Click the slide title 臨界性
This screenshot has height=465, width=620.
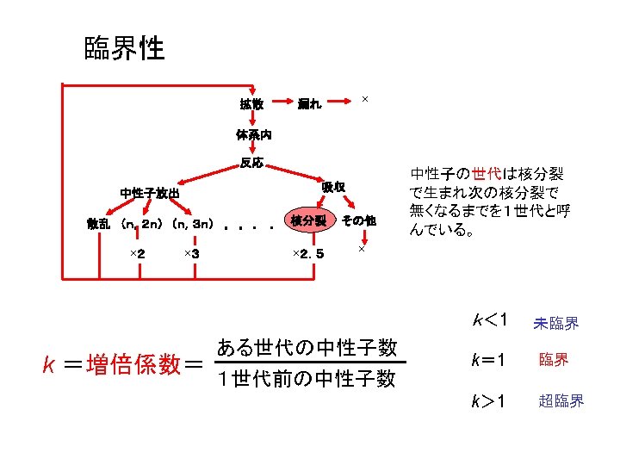pyautogui.click(x=124, y=48)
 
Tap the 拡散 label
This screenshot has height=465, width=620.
pyautogui.click(x=251, y=105)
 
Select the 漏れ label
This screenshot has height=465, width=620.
pyautogui.click(x=309, y=105)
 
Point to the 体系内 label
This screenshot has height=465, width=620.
pyautogui.click(x=254, y=134)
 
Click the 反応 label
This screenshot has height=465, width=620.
pyautogui.click(x=252, y=163)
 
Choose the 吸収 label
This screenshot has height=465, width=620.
pyautogui.click(x=334, y=187)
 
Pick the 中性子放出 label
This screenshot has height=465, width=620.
pyautogui.click(x=150, y=193)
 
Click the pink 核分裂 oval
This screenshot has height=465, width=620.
pyautogui.click(x=308, y=220)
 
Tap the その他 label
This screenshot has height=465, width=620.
pyautogui.click(x=358, y=220)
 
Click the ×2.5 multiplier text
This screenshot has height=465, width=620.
pyautogui.click(x=308, y=253)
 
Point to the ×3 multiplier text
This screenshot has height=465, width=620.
pyautogui.click(x=192, y=253)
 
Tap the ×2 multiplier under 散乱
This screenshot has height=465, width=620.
pyautogui.click(x=136, y=253)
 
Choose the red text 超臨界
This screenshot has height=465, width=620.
pyautogui.click(x=561, y=401)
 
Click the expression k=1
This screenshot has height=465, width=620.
pyautogui.click(x=487, y=360)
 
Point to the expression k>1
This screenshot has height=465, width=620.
pyautogui.click(x=487, y=400)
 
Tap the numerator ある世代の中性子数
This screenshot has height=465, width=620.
pyautogui.click(x=307, y=348)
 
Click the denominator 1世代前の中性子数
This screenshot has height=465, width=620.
pyautogui.click(x=307, y=378)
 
